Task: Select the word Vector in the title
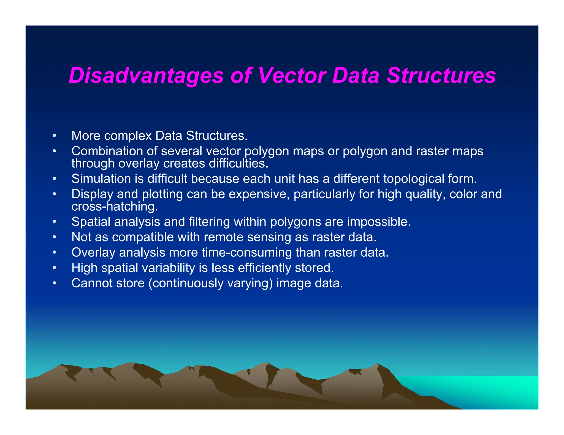click(292, 76)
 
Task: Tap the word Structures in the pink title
click(441, 76)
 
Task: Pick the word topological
click(413, 179)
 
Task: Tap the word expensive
click(259, 194)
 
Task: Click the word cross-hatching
click(115, 207)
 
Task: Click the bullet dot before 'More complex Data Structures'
click(55, 136)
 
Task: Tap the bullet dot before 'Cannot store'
click(55, 283)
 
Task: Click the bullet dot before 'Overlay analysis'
click(55, 252)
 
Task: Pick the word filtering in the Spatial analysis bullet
click(209, 222)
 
